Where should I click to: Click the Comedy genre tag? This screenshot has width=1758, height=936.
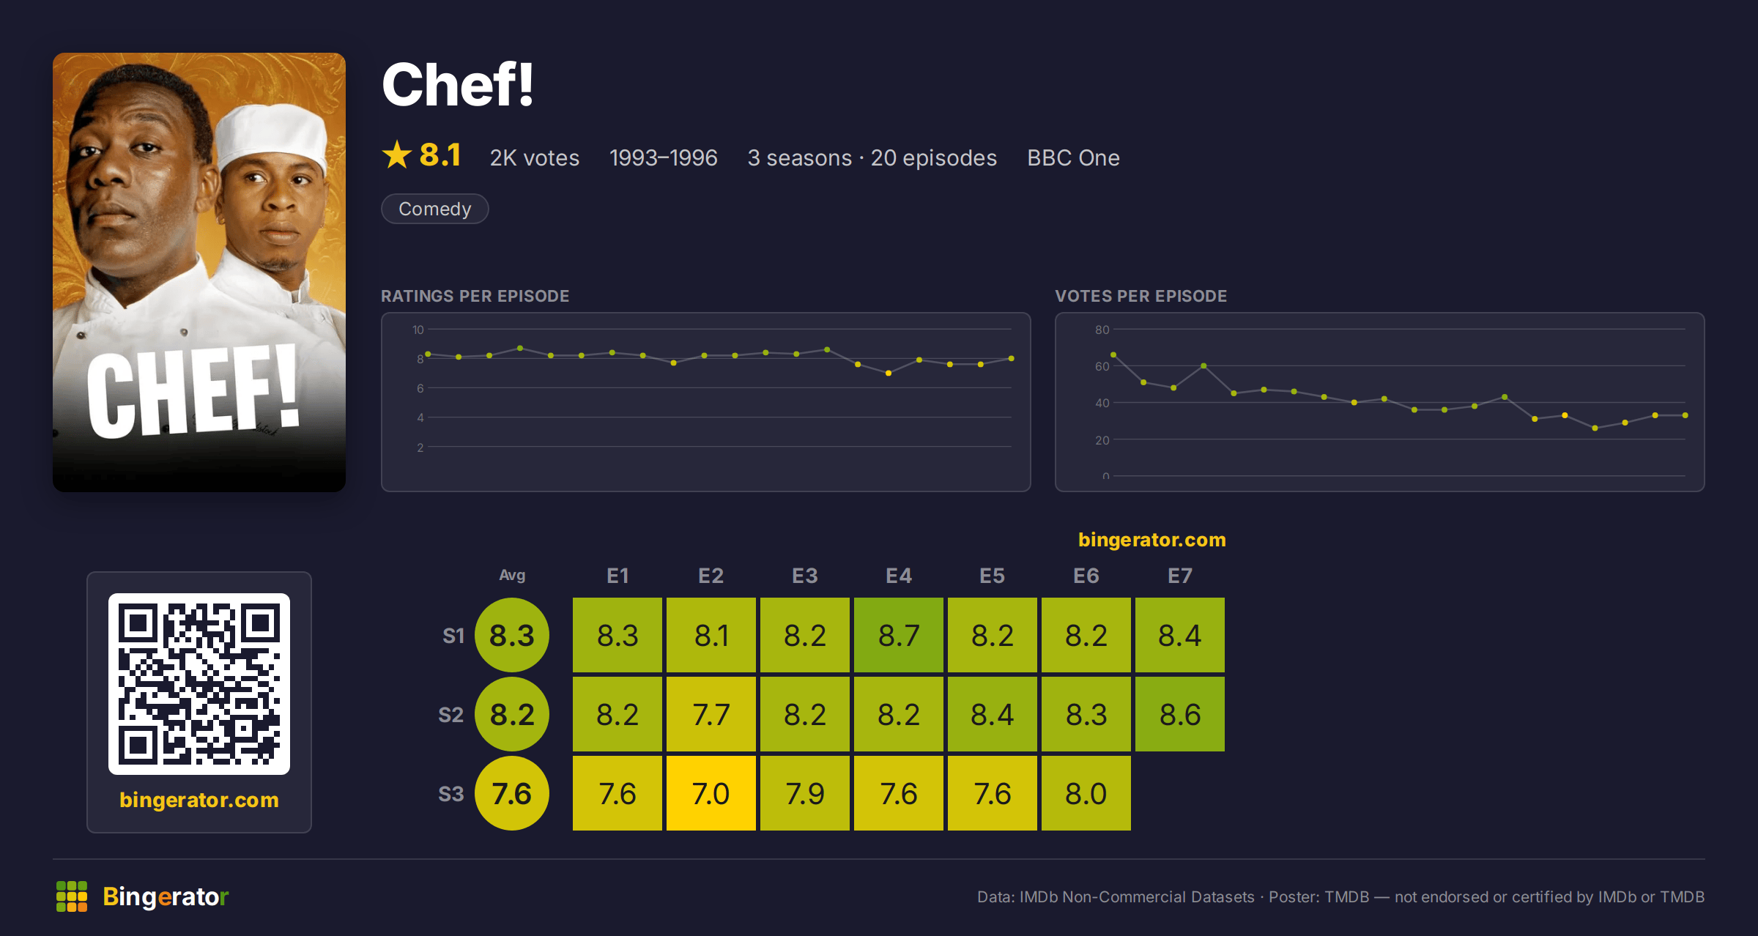(434, 209)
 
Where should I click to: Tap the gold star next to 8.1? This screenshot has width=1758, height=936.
(397, 155)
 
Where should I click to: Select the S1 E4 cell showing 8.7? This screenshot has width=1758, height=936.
(899, 635)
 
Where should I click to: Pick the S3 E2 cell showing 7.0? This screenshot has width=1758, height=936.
(711, 793)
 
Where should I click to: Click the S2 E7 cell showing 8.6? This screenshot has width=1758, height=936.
(1180, 714)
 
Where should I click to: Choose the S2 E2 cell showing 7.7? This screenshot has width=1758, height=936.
(711, 714)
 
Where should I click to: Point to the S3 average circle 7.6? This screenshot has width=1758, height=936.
(512, 793)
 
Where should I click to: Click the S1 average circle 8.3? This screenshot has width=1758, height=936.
(512, 635)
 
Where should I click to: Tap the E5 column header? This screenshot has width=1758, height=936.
(993, 576)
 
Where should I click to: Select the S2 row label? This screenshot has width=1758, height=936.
(451, 715)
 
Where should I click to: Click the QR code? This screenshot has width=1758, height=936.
(199, 684)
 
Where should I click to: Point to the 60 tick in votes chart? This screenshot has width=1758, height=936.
(1102, 366)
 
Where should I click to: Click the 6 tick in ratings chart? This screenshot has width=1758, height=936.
(420, 388)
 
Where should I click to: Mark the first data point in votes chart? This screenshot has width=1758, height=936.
(1113, 355)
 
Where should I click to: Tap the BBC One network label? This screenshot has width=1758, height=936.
(1073, 157)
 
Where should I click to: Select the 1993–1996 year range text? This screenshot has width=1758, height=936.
(664, 157)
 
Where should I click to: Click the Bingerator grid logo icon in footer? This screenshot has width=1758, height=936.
(72, 896)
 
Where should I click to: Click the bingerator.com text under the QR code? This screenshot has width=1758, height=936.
(199, 800)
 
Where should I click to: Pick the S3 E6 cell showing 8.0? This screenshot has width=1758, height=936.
(1086, 793)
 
